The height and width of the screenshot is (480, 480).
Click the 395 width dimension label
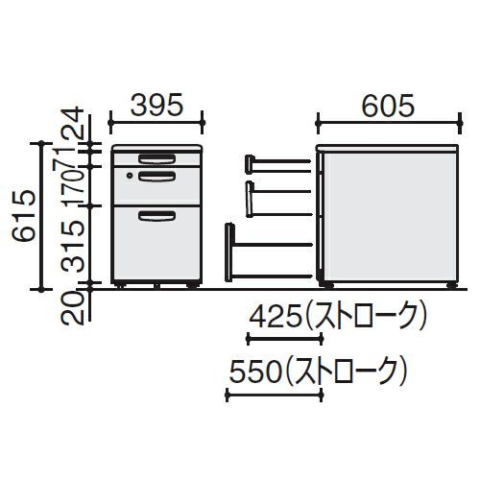(x=156, y=105)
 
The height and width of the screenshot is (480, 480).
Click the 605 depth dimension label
(x=388, y=106)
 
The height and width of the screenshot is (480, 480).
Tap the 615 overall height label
(x=23, y=215)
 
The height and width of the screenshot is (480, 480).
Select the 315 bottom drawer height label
(x=73, y=246)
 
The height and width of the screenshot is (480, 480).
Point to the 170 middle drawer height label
(x=73, y=186)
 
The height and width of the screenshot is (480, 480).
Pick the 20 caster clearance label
(x=73, y=309)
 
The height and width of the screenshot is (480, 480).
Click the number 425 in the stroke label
(x=276, y=318)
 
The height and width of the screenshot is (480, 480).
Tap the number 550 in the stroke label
(x=256, y=372)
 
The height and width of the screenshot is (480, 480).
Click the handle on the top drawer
(x=156, y=159)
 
